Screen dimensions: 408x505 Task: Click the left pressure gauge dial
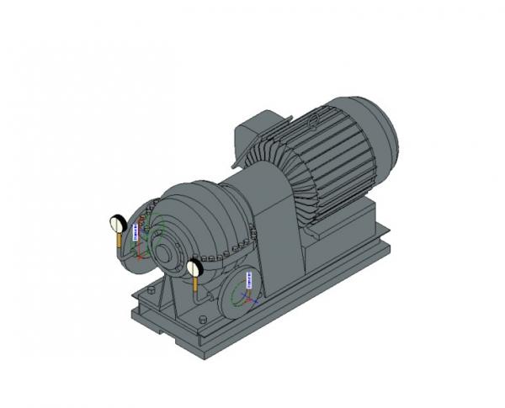(118, 224)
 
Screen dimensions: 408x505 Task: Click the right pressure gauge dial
(195, 268)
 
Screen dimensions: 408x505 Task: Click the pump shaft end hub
(178, 253)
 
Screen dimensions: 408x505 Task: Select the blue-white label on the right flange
(249, 280)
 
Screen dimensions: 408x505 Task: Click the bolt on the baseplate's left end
(151, 290)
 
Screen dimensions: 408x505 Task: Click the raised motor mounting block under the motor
(337, 231)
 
